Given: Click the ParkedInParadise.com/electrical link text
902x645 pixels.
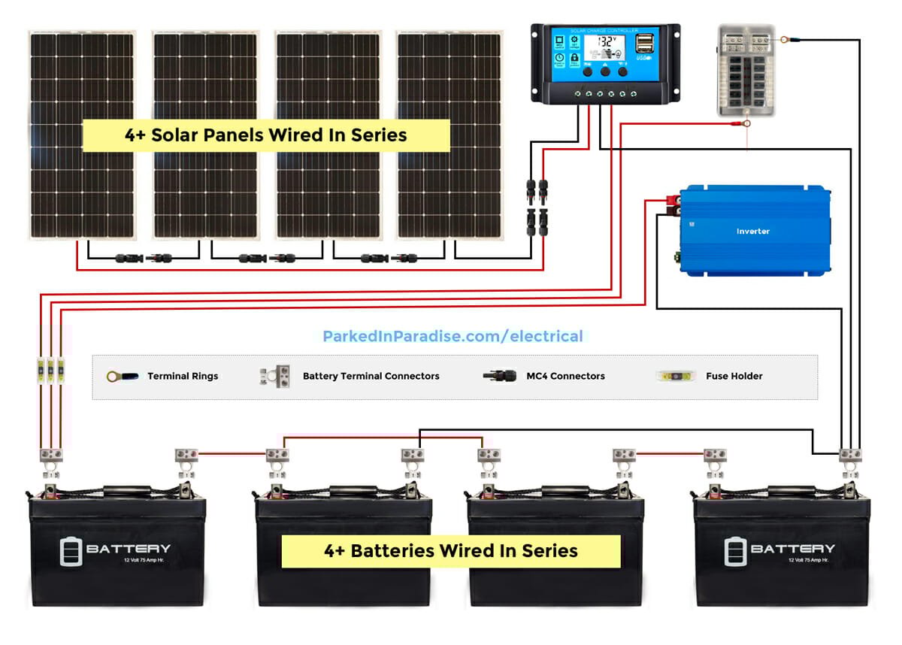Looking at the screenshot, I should tap(453, 336).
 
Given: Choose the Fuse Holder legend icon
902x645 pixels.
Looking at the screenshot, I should tap(677, 376).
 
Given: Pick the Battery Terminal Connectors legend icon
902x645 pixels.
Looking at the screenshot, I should tap(275, 375).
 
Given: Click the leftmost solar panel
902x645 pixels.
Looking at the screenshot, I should tap(83, 135).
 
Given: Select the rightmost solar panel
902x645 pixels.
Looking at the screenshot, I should tap(449, 135).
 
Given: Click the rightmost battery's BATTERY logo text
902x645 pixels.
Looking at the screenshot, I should tap(792, 549).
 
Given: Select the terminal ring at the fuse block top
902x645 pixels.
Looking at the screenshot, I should tap(784, 40).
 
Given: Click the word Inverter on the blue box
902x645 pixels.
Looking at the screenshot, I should tap(752, 232).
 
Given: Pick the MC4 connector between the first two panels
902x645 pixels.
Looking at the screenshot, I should tap(143, 258).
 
